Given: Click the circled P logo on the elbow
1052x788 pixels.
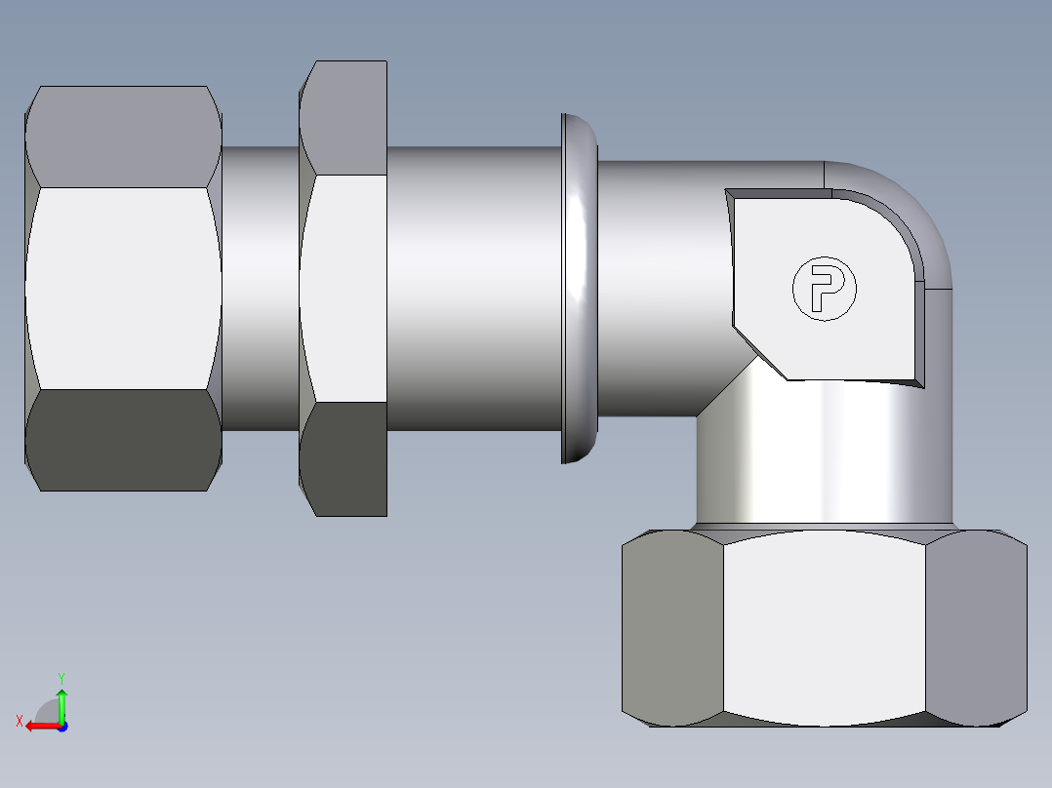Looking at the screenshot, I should pos(823,288).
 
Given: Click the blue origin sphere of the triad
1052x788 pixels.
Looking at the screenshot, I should pos(61,727).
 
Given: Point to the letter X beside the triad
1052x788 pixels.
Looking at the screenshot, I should pos(19,721).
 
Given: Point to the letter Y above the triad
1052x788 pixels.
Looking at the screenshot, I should pos(61,677).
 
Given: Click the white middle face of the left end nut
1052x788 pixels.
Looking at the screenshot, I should pos(122,288).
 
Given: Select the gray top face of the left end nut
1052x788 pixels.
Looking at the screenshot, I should pos(122,137).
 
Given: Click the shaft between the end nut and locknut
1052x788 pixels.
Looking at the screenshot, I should pos(260,288).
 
